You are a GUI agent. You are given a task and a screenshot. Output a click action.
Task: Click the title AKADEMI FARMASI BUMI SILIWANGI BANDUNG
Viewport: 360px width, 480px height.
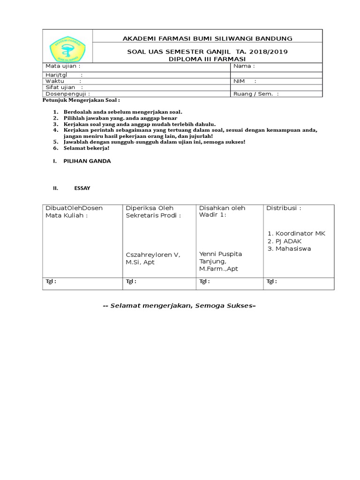coord(207,38)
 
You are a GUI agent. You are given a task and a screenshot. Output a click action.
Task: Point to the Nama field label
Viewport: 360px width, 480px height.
coord(244,66)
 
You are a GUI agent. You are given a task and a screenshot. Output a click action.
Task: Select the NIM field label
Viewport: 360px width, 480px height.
coord(239,81)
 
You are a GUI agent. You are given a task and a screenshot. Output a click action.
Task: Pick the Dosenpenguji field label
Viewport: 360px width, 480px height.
coord(67,94)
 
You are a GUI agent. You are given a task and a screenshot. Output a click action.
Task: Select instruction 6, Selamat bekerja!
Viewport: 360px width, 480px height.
coord(86,148)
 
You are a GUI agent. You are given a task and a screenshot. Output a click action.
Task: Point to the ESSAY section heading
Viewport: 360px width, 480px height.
coord(82,188)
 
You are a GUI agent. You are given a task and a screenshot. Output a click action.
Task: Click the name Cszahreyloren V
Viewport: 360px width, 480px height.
coord(152,255)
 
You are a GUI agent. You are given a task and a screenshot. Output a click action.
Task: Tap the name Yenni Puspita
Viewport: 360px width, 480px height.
coord(221,254)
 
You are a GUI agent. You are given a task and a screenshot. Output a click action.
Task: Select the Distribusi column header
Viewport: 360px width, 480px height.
coord(284,208)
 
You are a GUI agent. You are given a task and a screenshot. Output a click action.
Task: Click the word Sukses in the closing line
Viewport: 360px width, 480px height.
coord(240,306)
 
